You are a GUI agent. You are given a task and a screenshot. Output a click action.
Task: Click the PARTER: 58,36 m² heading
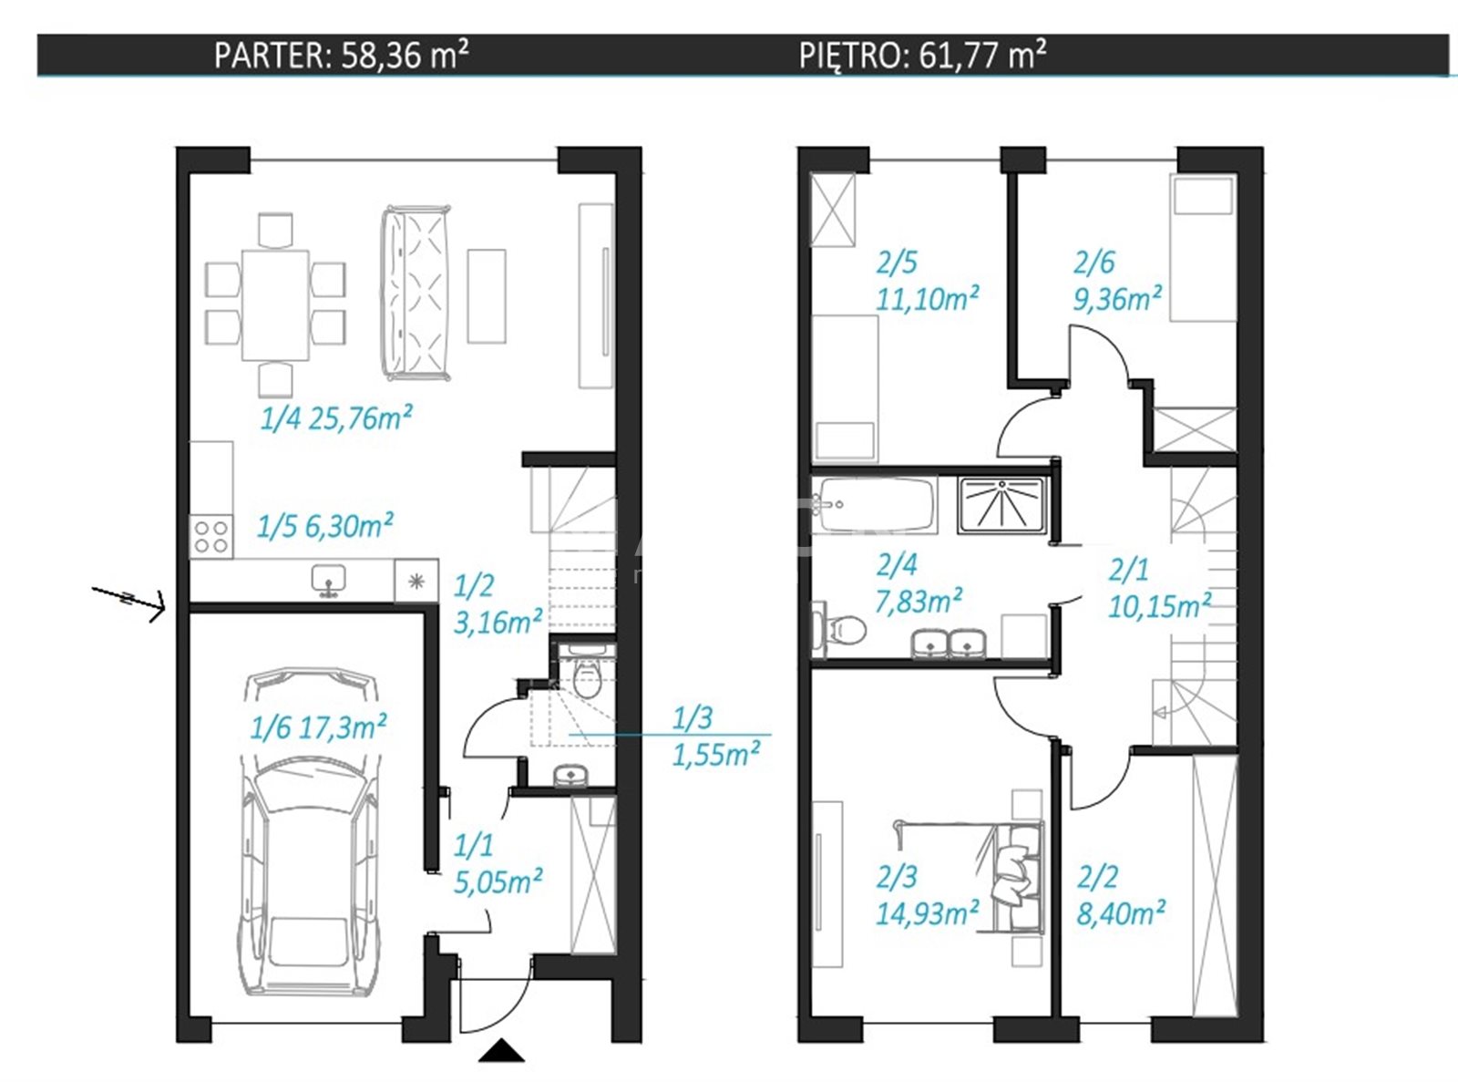click(342, 56)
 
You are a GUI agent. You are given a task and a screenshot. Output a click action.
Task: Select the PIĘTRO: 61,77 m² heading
click(922, 56)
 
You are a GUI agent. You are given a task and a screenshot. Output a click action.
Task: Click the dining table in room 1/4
click(275, 305)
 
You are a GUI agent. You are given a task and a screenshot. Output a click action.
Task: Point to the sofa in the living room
click(416, 294)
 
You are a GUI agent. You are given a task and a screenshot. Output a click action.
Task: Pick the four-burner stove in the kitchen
click(211, 537)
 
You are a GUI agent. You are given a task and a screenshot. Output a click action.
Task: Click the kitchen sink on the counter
click(328, 580)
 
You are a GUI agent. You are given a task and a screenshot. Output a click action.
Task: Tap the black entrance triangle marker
click(501, 1050)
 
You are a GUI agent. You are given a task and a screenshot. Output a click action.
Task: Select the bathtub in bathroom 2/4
click(874, 505)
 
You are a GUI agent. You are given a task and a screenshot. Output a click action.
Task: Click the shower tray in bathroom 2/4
click(1001, 505)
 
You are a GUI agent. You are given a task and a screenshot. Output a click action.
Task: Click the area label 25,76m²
click(360, 417)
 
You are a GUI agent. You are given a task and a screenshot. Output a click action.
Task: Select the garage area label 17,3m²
click(343, 727)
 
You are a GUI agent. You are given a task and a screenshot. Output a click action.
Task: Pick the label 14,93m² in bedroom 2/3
click(927, 913)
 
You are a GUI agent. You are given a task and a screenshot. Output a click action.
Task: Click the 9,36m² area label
click(1117, 299)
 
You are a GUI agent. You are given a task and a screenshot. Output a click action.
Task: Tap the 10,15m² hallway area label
click(1159, 606)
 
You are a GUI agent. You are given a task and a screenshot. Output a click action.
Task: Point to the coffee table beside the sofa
click(487, 296)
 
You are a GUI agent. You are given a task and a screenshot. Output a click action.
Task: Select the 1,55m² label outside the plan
click(716, 755)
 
